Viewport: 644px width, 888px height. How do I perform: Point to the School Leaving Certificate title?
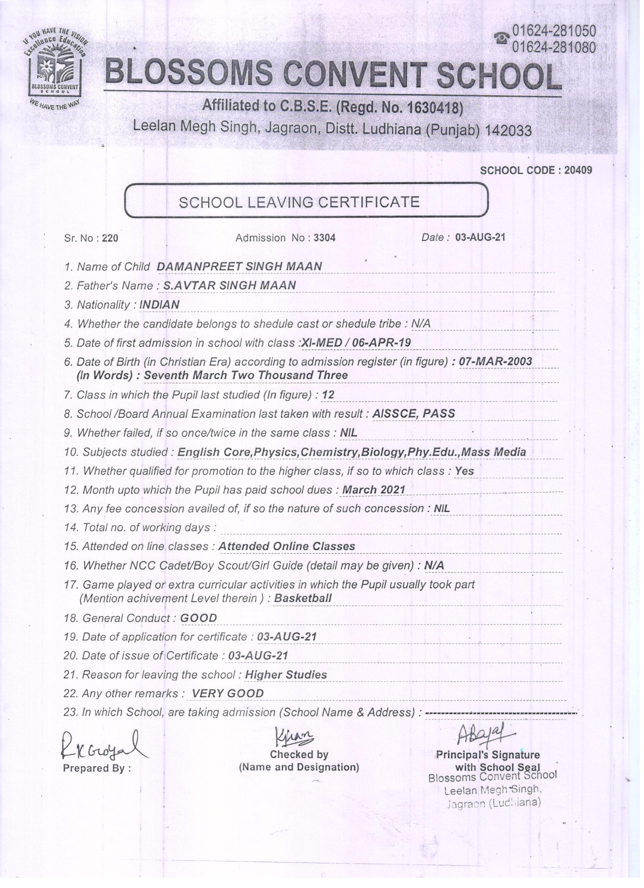click(299, 202)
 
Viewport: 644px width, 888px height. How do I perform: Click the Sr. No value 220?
click(110, 239)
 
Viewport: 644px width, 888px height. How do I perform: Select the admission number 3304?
click(324, 238)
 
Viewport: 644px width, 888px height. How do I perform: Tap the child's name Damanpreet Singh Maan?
click(239, 267)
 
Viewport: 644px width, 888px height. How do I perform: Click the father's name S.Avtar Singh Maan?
click(229, 286)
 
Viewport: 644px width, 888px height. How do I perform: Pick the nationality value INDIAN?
click(159, 305)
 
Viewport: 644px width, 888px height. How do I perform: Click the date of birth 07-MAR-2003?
click(495, 361)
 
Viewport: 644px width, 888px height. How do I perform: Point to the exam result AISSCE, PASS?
click(414, 414)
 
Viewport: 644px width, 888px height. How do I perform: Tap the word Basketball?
click(303, 598)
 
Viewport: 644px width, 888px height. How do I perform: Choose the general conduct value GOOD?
click(198, 618)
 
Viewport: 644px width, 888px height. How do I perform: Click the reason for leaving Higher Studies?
click(286, 675)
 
